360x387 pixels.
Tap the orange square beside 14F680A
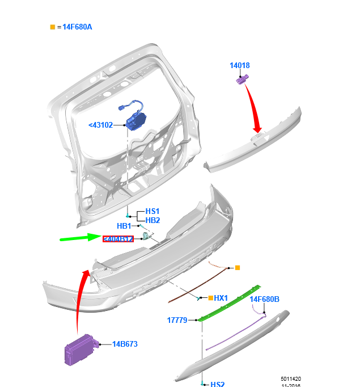coord(53,27)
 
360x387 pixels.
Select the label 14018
coord(239,66)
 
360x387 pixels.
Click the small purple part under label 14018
coord(242,80)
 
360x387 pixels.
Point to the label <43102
coord(101,125)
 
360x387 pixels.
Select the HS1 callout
coord(153,211)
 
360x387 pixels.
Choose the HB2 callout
coord(153,220)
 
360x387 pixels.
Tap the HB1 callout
coord(124,226)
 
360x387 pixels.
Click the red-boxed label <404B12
coord(118,239)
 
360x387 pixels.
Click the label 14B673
coord(125,344)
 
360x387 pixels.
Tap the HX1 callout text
coord(221,298)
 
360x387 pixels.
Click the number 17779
coord(177,320)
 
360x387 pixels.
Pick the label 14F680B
coord(265,299)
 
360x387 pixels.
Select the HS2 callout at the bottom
coord(217,384)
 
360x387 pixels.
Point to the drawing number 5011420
coord(290,378)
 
